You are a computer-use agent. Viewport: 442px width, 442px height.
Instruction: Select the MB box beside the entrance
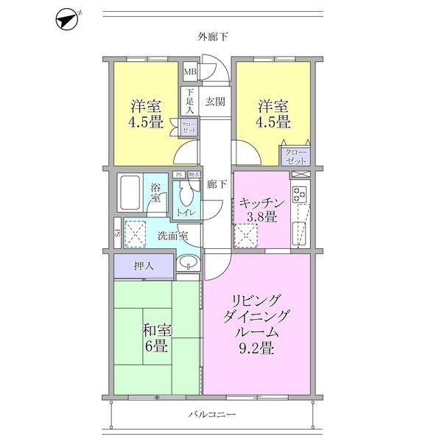pos(190,72)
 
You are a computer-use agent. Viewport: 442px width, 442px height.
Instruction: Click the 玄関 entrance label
pos(214,102)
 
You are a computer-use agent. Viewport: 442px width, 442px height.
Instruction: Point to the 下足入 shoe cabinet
pos(189,102)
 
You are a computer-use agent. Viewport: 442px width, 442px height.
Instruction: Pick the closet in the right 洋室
pos(295,155)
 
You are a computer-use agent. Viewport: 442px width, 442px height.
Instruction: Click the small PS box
pos(178,175)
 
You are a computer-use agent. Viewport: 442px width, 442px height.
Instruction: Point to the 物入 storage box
pos(194,175)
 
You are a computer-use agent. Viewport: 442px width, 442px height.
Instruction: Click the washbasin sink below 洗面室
pos(188,263)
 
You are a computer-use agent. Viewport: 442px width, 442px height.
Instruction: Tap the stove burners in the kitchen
pos(300,194)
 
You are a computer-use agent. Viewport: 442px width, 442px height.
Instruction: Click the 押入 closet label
pos(144,265)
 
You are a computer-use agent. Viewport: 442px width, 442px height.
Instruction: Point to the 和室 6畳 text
pos(156,338)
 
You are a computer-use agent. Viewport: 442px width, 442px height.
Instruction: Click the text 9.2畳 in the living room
pos(256,348)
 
